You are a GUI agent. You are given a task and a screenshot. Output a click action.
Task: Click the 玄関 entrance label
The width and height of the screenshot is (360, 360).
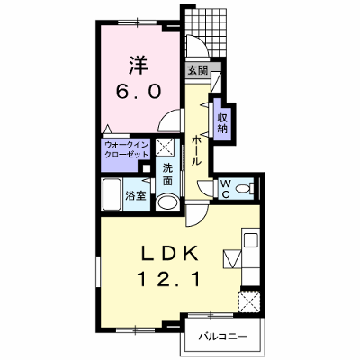(197, 71)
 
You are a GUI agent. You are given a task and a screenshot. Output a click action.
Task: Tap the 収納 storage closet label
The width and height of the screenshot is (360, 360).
(222, 123)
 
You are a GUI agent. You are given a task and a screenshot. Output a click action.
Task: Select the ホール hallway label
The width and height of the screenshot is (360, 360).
(196, 150)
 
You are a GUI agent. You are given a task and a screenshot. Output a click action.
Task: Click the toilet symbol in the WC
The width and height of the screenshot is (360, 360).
(244, 189)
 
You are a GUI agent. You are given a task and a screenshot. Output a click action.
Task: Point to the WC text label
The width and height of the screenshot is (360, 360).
(226, 189)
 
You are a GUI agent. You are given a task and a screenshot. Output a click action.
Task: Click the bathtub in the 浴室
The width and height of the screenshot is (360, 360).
(112, 194)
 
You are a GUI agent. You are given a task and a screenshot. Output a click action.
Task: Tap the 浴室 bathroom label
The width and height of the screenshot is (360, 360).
(136, 195)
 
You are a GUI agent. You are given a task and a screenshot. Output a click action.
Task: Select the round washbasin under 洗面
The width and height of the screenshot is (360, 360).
(167, 202)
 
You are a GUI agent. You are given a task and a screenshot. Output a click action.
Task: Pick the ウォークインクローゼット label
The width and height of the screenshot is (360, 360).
(126, 150)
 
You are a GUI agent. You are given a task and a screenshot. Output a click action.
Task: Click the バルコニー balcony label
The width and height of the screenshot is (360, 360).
(223, 337)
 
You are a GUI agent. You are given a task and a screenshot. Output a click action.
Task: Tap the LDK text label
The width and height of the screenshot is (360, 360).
(170, 255)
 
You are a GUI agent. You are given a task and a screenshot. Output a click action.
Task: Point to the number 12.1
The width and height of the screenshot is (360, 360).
(168, 280)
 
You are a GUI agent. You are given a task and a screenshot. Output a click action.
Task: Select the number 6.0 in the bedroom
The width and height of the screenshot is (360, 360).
(139, 91)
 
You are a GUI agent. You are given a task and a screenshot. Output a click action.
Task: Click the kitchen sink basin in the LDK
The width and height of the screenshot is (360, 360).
(251, 240)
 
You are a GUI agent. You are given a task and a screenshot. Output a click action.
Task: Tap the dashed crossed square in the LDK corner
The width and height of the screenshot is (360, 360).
(249, 301)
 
